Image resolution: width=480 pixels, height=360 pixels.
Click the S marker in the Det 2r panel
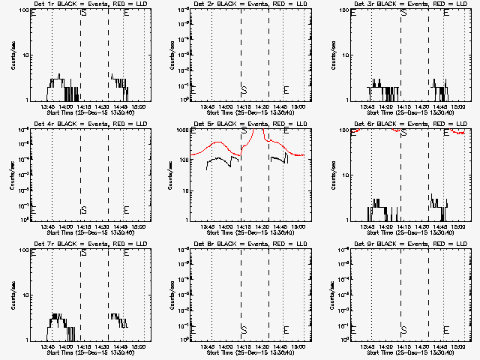[244, 89]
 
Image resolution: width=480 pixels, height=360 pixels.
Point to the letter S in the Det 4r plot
[83, 209]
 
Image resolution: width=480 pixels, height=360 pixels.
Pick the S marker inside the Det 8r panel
[244, 329]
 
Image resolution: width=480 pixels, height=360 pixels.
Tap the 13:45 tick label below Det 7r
[48, 347]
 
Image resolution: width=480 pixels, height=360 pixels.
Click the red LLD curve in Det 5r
[217, 142]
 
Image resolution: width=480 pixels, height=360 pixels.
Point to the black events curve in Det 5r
[217, 158]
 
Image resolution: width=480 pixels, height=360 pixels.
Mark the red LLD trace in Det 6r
[450, 132]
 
